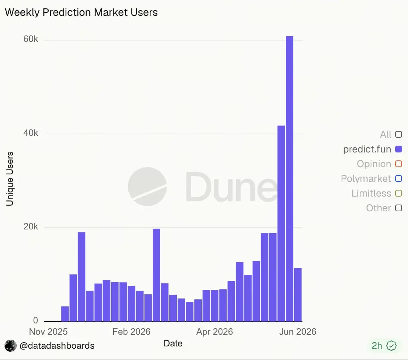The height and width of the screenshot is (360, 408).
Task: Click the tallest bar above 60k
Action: (289, 179)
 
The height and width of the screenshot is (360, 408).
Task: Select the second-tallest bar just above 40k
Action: (281, 224)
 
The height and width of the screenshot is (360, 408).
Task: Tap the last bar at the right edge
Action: (298, 295)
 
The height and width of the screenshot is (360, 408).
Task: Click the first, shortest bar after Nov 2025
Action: (65, 314)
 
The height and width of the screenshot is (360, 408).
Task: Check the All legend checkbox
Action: (398, 134)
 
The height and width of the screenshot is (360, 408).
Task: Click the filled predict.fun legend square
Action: (398, 149)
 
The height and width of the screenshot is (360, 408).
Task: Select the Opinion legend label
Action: (374, 164)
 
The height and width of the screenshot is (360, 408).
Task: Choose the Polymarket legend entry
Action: (366, 178)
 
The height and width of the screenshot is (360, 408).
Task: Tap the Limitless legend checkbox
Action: (398, 194)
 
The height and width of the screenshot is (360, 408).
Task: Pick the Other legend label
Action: (378, 208)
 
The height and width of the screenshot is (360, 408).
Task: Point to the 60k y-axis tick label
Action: (31, 39)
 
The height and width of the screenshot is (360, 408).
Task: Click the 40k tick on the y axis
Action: (31, 133)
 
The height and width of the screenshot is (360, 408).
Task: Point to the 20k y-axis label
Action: (31, 227)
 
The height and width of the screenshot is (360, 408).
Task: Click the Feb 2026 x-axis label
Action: (131, 332)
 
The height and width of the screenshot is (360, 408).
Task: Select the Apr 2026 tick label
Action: (215, 332)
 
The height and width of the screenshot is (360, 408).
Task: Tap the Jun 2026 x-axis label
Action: (298, 332)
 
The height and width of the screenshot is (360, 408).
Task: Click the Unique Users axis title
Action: (10, 179)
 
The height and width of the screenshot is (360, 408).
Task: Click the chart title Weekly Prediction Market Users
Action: (81, 12)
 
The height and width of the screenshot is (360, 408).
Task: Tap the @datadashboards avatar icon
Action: (11, 346)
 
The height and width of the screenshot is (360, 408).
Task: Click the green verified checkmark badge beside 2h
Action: (391, 346)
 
